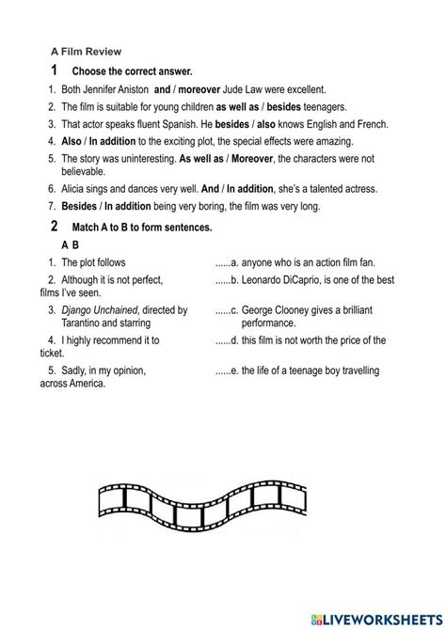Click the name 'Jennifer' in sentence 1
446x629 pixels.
(103, 89)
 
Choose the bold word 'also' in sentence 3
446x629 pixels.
(264, 124)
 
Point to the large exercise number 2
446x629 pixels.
(55, 227)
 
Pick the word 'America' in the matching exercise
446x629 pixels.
(86, 384)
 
